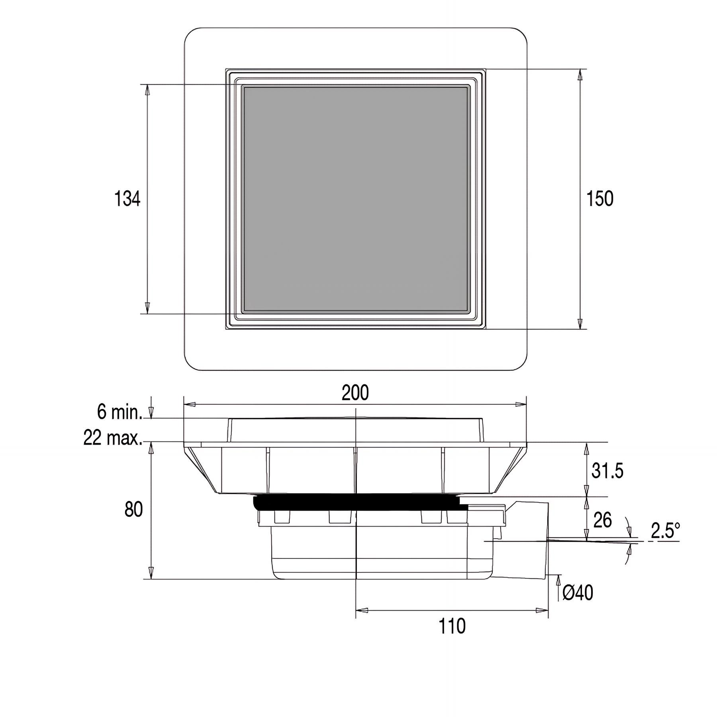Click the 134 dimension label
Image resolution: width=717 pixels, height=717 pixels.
point(127,198)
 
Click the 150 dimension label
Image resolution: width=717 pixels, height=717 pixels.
point(600,198)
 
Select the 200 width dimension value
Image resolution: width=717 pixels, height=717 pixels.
point(355,393)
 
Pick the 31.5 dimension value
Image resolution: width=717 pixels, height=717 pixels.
point(607,470)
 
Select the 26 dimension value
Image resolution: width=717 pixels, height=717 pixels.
point(602,520)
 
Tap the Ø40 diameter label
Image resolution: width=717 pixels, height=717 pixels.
point(578,593)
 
